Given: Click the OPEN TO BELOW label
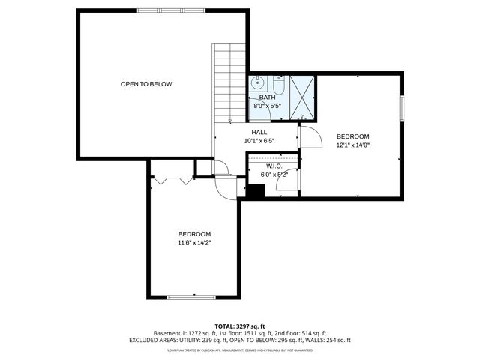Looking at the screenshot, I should click(x=146, y=84).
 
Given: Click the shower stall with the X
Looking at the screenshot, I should click(x=301, y=97).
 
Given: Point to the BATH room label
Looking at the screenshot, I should click(x=267, y=97).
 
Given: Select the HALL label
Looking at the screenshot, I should click(x=259, y=132).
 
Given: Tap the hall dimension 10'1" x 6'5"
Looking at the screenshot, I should click(x=259, y=141).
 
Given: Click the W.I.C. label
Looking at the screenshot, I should click(x=273, y=166).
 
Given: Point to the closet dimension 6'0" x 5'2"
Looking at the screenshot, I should click(x=274, y=175).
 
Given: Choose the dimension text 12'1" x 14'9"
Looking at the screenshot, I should click(x=353, y=145).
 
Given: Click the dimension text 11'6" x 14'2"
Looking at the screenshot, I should click(x=194, y=242).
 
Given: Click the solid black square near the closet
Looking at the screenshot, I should click(x=256, y=190).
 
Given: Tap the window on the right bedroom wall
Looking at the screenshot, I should click(x=402, y=108).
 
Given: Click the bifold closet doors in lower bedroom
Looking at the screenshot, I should click(x=172, y=181).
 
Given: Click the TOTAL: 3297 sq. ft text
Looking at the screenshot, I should click(x=240, y=326).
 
